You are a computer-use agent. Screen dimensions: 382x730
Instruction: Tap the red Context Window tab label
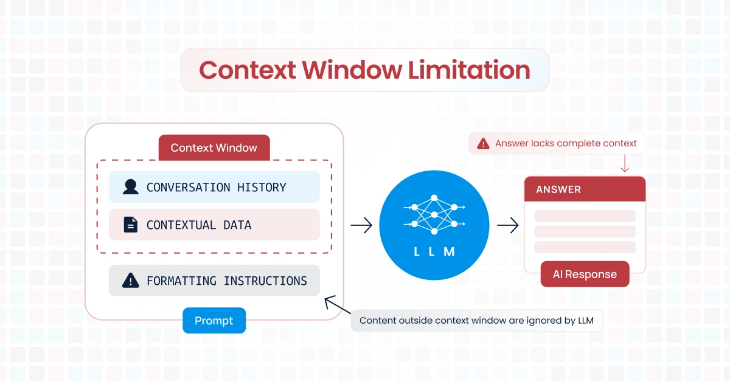click(214, 148)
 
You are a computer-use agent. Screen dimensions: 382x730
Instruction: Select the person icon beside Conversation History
click(130, 187)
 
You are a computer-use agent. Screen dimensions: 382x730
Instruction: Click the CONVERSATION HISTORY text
click(216, 187)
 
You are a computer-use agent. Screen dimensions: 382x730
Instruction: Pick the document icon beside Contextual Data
click(130, 225)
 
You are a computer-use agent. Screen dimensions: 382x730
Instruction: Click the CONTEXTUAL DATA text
click(198, 225)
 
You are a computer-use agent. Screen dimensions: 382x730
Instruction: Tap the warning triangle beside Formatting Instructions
click(130, 281)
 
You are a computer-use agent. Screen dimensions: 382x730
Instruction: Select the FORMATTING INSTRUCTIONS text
click(226, 281)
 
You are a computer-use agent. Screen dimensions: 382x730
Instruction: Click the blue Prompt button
click(214, 321)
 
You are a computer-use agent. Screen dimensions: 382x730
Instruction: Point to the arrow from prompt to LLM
click(361, 226)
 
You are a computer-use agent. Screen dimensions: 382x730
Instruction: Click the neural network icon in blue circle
click(434, 214)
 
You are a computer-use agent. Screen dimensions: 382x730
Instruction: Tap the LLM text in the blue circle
click(434, 251)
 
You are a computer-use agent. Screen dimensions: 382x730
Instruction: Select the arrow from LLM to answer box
click(507, 226)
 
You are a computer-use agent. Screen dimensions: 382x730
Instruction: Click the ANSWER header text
click(558, 189)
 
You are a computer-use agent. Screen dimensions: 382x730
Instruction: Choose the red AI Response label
click(584, 275)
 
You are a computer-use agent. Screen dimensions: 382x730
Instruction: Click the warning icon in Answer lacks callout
click(483, 144)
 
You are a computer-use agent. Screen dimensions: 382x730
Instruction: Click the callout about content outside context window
click(476, 321)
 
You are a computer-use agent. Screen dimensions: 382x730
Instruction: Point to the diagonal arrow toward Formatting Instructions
click(338, 305)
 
